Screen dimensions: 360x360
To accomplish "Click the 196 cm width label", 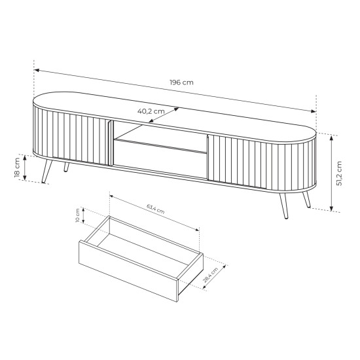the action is (x=181, y=82).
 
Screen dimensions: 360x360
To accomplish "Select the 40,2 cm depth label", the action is (x=151, y=111).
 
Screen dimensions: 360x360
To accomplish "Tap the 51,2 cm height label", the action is (x=339, y=173).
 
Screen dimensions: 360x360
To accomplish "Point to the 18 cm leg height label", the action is (x=17, y=168).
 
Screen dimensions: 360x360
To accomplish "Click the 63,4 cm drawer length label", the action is (x=156, y=209).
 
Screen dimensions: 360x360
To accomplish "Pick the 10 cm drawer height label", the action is (x=77, y=215).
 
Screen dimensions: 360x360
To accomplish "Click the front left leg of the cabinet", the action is (x=47, y=171).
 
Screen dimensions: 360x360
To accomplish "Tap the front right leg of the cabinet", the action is (x=284, y=206).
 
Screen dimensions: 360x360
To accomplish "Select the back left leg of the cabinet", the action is (x=66, y=167).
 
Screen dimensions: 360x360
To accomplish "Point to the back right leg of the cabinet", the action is (x=307, y=199).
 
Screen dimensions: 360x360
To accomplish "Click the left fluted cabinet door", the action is (x=71, y=136).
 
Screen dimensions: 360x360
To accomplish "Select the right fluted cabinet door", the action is (x=262, y=164).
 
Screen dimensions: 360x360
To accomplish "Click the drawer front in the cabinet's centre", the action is (x=160, y=158).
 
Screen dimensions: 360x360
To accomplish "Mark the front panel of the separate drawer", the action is (x=128, y=271).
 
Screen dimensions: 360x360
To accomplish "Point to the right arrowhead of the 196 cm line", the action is (x=314, y=111).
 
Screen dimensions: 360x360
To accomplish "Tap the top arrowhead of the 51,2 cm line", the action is (x=331, y=137).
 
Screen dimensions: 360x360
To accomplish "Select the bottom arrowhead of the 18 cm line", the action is (x=25, y=177).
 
